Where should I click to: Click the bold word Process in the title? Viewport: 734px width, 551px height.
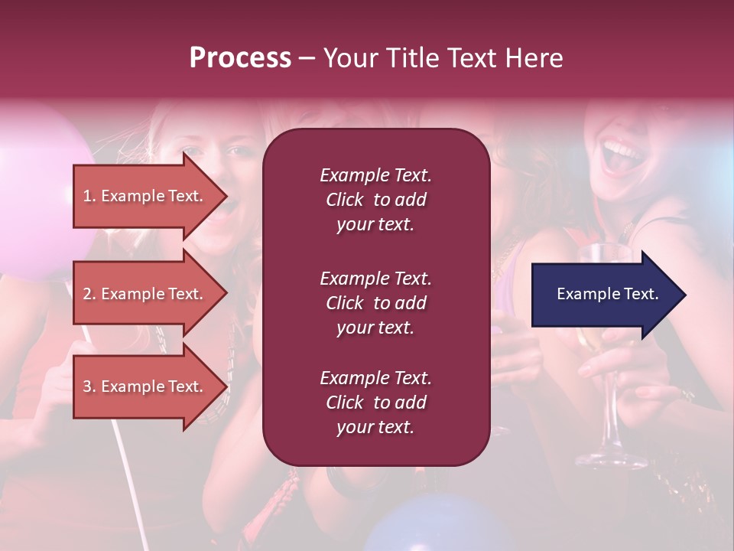coord(240,58)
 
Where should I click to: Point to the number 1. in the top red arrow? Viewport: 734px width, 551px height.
coord(89,196)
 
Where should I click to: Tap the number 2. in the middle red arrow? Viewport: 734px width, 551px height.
coord(89,294)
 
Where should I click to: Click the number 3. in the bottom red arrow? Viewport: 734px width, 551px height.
coord(89,386)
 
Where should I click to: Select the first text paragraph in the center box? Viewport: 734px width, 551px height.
coord(375,200)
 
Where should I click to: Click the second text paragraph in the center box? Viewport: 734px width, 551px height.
coord(375,303)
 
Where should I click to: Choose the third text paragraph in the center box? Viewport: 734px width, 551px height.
coord(375,403)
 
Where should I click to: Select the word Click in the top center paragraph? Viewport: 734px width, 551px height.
coord(345,200)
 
